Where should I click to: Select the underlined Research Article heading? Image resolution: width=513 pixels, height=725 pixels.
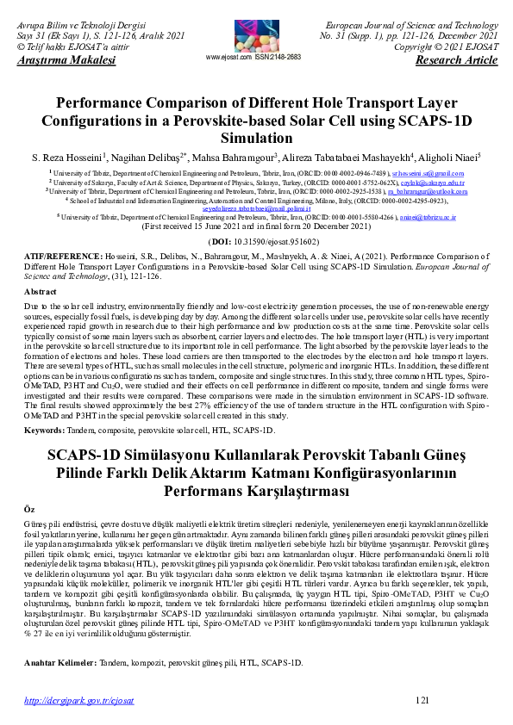[x=456, y=60]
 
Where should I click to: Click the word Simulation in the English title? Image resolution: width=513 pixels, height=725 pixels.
[x=256, y=138]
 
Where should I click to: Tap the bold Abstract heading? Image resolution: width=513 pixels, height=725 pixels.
[x=41, y=292]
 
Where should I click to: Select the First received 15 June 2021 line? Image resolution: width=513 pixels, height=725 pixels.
[x=256, y=226]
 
